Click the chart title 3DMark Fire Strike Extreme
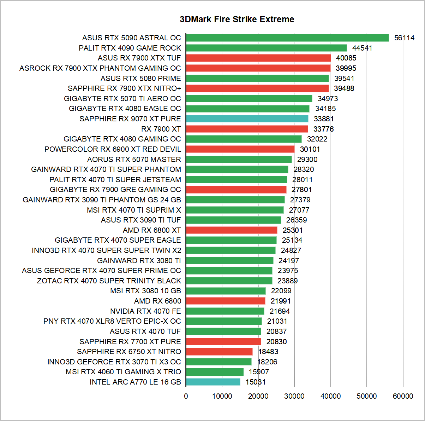[x=237, y=19]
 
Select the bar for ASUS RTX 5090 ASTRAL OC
[x=287, y=38]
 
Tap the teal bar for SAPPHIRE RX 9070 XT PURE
[x=247, y=119]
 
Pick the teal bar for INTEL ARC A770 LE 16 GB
[x=213, y=382]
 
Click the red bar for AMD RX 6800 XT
[x=231, y=230]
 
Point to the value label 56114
[x=404, y=38]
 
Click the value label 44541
[x=362, y=48]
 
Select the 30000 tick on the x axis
[x=294, y=396]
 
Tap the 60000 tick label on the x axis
[x=403, y=396]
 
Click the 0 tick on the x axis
[x=186, y=396]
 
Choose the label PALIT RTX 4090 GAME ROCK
[x=130, y=48]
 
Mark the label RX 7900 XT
[x=161, y=129]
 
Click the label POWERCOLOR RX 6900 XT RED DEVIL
[x=113, y=149]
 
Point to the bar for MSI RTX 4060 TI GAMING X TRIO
[x=215, y=372]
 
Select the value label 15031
[x=256, y=382]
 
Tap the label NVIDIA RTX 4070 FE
[x=145, y=311]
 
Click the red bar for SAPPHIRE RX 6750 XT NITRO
[x=219, y=352]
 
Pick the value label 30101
[x=310, y=149]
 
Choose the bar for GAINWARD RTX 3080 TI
[x=229, y=261]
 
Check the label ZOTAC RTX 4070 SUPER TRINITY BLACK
[x=109, y=281]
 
